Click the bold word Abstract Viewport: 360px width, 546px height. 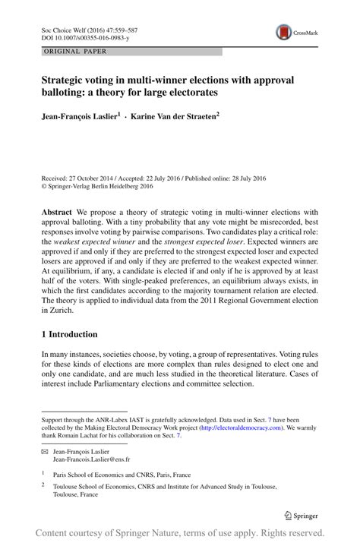(x=58, y=212)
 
